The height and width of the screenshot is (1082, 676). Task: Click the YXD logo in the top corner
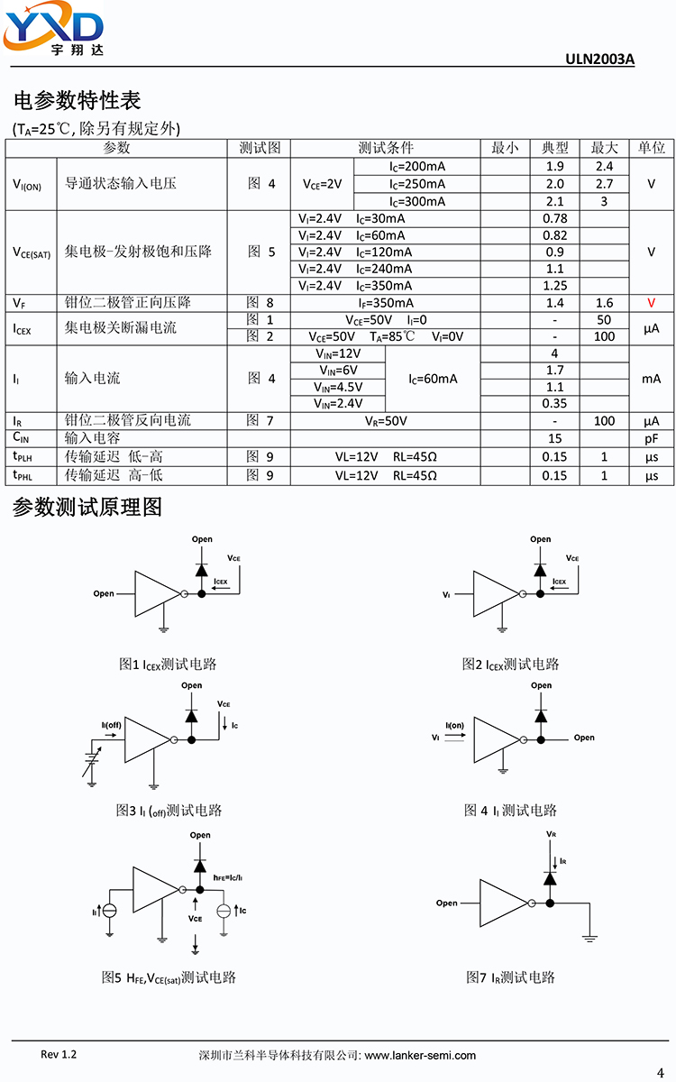click(53, 28)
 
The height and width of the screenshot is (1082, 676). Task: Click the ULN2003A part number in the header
click(599, 59)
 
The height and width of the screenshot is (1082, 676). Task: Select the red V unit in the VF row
click(651, 303)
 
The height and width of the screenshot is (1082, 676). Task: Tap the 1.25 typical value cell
click(555, 286)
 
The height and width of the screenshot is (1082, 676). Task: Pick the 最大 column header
click(604, 147)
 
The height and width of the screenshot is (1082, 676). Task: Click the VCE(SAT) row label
click(32, 252)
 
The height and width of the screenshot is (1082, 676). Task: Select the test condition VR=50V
click(386, 421)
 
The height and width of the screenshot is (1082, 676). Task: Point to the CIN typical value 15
click(555, 438)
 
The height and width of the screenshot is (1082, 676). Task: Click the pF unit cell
click(652, 438)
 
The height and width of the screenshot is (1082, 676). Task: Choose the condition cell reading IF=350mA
click(386, 303)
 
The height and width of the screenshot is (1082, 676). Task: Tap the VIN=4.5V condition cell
click(338, 388)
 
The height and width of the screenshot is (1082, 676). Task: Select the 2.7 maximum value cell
click(604, 184)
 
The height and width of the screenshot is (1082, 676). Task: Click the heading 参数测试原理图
click(87, 507)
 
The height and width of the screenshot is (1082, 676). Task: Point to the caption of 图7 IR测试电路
click(510, 977)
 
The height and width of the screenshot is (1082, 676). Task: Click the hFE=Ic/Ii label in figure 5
click(228, 877)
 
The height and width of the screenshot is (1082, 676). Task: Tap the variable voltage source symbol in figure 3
click(92, 758)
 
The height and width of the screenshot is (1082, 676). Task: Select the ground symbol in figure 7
click(589, 938)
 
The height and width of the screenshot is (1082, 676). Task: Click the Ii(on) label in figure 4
click(455, 726)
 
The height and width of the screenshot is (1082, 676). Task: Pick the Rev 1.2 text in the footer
click(59, 1054)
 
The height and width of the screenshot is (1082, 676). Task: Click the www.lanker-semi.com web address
click(420, 1056)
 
